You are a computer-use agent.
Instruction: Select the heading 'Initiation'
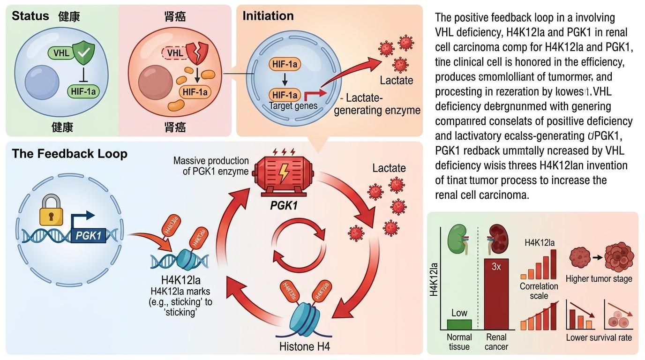click(x=268, y=16)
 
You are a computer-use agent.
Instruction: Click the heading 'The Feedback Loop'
click(x=70, y=154)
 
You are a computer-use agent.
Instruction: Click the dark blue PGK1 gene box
click(x=89, y=235)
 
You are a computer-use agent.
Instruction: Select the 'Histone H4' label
click(x=305, y=347)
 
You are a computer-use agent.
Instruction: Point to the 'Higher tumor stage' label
click(x=599, y=279)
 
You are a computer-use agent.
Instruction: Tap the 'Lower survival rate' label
click(x=599, y=337)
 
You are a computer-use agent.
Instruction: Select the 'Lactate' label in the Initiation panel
click(x=397, y=80)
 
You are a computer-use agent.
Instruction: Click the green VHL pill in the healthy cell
click(x=61, y=53)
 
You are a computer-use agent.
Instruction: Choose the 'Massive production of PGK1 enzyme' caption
click(x=210, y=165)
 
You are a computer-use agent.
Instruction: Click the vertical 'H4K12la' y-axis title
click(x=434, y=280)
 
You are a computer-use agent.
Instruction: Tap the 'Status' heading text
click(x=30, y=16)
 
